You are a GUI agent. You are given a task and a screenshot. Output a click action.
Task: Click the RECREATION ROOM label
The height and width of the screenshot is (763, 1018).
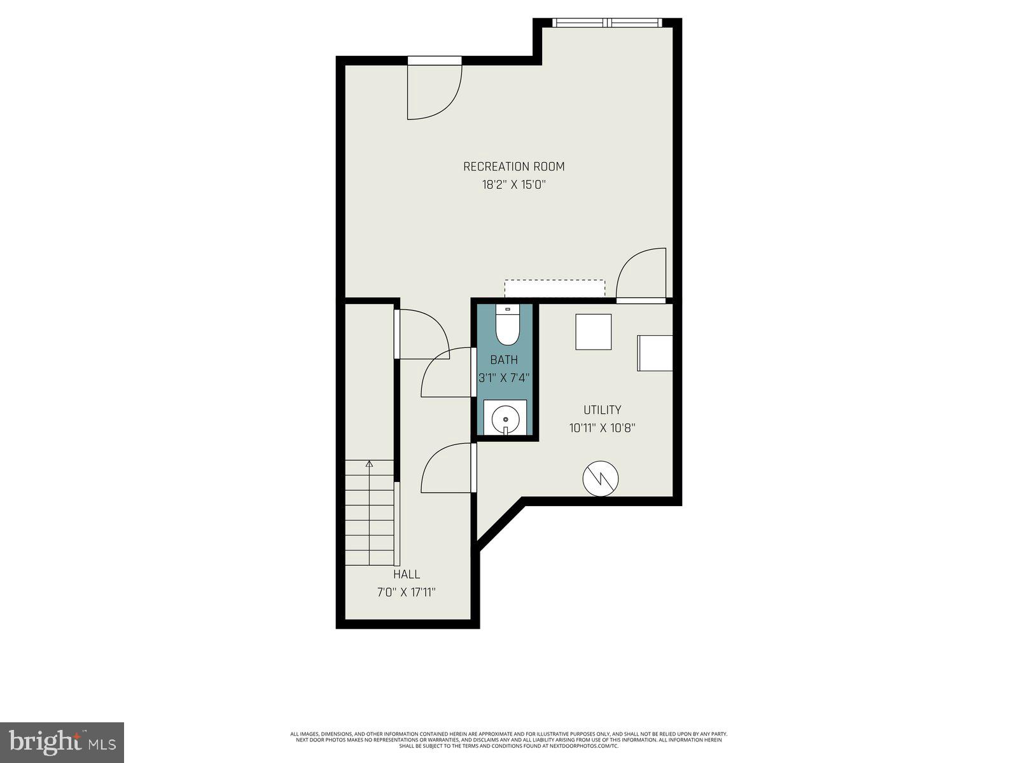[513, 167]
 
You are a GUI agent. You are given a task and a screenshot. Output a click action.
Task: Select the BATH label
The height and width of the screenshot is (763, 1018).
[504, 360]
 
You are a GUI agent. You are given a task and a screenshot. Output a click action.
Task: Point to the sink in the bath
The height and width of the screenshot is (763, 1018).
[505, 418]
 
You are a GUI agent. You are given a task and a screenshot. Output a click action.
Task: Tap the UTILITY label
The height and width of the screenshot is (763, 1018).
[602, 410]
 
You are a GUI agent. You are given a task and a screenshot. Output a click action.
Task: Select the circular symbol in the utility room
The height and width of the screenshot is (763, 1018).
[601, 479]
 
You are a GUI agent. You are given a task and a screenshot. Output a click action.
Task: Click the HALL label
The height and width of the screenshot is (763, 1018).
[406, 574]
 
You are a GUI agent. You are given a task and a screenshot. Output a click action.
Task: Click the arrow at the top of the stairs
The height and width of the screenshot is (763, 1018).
[370, 464]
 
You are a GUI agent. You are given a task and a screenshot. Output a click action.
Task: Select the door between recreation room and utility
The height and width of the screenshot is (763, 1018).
[641, 275]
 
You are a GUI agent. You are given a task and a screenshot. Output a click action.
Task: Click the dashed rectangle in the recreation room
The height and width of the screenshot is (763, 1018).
[554, 288]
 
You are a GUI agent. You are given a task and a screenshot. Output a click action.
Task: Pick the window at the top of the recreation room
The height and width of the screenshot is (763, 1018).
[608, 23]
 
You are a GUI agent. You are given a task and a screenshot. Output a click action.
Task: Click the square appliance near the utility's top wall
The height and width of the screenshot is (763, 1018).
[594, 332]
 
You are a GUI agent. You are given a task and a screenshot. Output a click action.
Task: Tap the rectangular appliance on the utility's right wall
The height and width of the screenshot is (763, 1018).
[655, 353]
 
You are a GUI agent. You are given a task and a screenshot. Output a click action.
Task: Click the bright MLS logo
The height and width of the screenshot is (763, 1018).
[62, 742]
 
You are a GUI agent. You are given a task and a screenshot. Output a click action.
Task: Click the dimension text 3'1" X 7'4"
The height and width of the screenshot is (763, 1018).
[504, 378]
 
